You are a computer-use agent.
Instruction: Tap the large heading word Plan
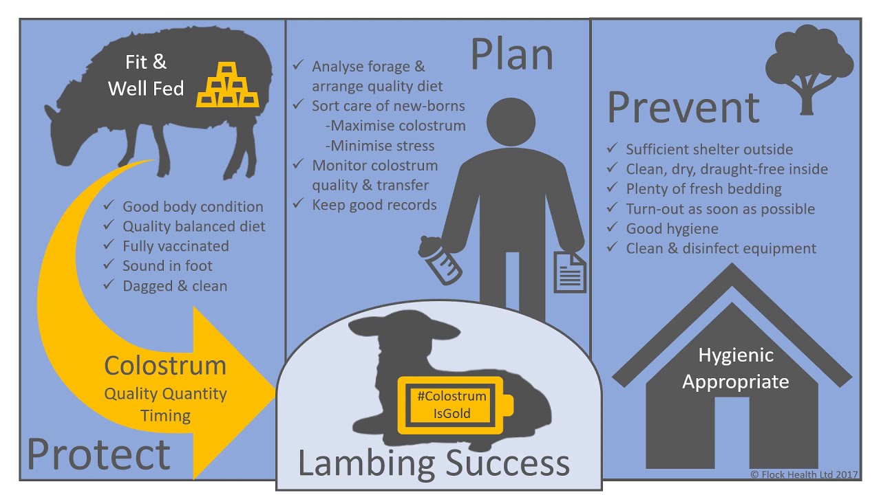[512, 54]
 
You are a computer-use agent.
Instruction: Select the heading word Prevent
[683, 108]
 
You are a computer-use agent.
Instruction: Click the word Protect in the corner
[98, 454]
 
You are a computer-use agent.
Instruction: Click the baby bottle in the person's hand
[439, 260]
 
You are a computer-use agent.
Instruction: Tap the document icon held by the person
[570, 272]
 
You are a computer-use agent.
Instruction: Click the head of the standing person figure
[511, 122]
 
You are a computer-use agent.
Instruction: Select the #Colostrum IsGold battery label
[456, 405]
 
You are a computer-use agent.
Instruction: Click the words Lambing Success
[434, 463]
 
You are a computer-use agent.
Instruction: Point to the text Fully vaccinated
[176, 246]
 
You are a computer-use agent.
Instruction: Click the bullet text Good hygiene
[672, 229]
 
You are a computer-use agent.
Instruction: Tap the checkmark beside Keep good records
[299, 203]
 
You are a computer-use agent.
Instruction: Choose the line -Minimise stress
[380, 146]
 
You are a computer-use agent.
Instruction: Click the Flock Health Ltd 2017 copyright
[804, 474]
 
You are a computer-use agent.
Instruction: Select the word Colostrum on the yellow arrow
[165, 366]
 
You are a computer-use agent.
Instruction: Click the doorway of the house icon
[732, 432]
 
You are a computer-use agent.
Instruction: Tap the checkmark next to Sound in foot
[109, 264]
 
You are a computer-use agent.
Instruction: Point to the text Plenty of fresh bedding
[703, 189]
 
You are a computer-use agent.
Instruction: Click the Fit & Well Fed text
[146, 75]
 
